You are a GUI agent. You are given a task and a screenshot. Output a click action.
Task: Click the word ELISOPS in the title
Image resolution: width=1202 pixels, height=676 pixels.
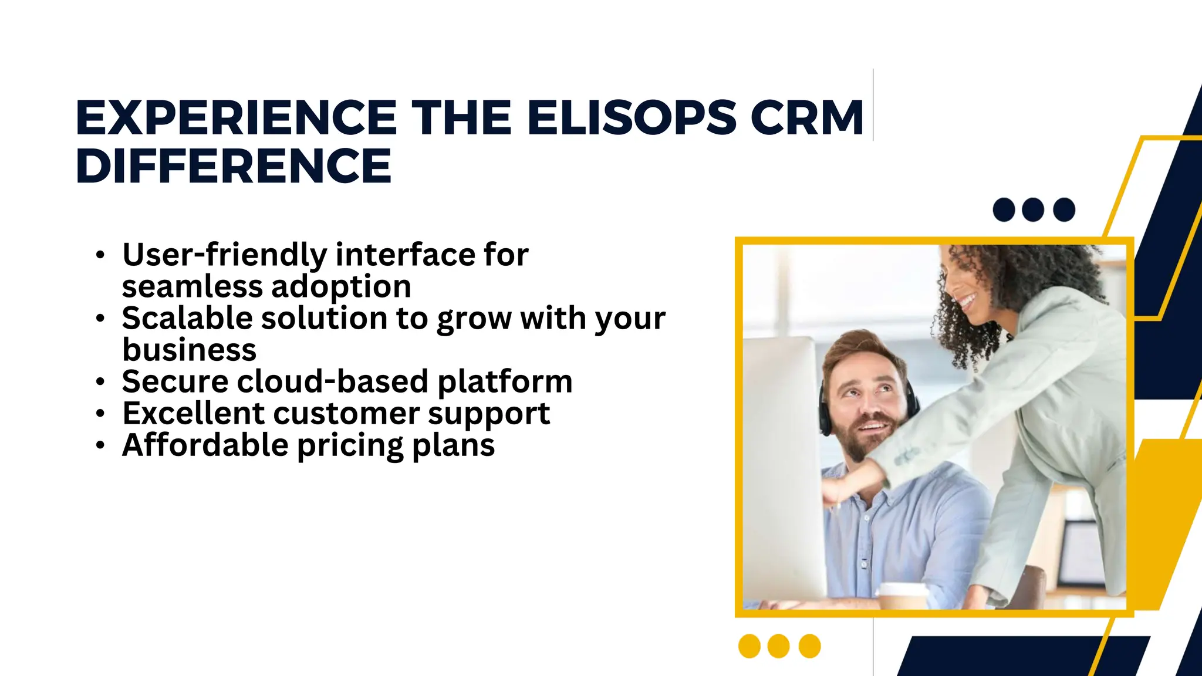tap(631, 118)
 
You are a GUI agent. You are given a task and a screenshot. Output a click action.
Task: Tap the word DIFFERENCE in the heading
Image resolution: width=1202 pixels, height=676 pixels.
tap(234, 166)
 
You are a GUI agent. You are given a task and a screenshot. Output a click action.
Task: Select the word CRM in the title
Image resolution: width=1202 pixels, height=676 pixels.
tap(807, 118)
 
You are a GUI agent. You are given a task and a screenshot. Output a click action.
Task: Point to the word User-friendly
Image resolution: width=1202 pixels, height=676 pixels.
tap(224, 255)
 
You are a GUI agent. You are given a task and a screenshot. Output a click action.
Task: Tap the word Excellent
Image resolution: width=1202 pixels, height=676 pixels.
tap(193, 414)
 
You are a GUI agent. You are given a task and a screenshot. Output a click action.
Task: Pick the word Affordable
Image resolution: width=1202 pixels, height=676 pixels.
tap(205, 445)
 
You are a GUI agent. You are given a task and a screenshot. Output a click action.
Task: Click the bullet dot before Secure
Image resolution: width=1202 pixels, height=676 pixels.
tap(100, 383)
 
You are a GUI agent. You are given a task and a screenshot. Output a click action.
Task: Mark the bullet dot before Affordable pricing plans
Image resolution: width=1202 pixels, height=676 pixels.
tap(100, 446)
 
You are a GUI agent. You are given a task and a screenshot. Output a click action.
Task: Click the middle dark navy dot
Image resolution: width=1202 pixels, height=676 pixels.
tap(1033, 209)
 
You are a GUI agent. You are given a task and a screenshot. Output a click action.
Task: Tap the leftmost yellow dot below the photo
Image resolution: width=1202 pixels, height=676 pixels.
tap(749, 646)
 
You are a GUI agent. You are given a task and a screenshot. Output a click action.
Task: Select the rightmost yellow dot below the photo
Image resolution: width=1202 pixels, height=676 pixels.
tap(810, 646)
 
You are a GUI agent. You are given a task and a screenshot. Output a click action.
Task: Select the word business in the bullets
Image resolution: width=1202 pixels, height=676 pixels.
tap(189, 350)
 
